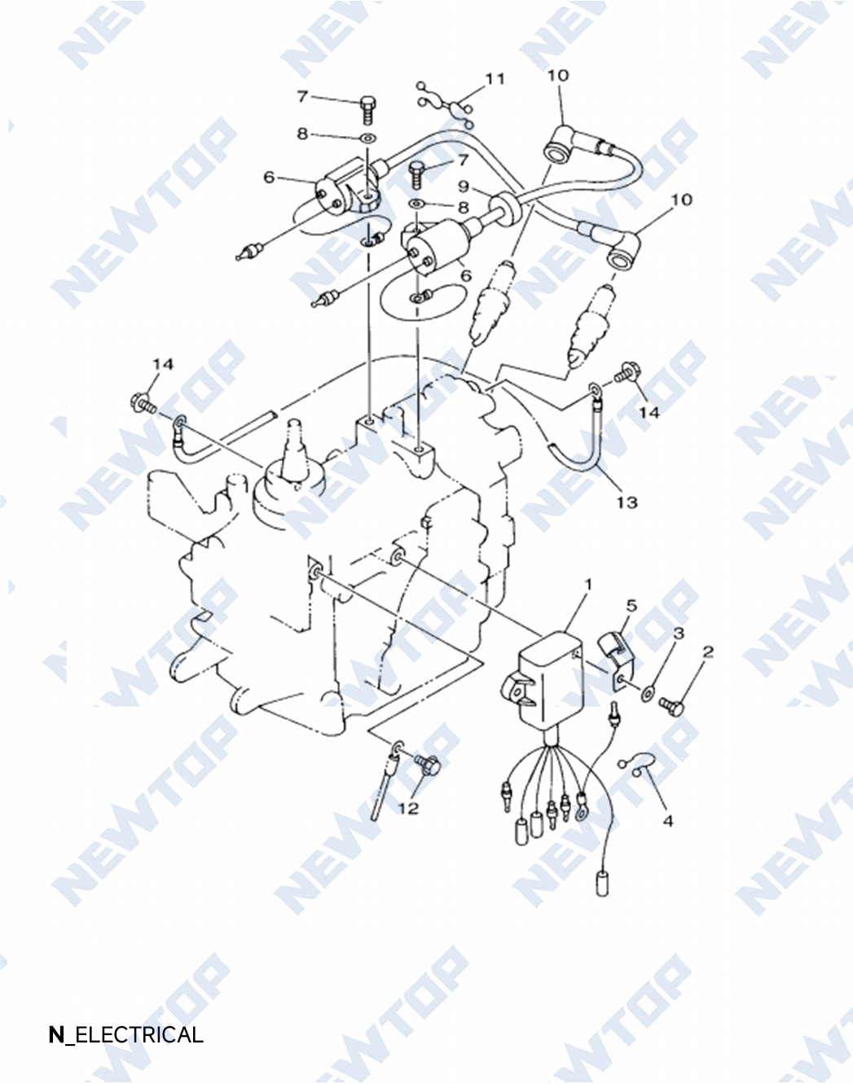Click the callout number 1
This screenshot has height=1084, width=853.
pyautogui.click(x=588, y=585)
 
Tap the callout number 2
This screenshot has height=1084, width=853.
pyautogui.click(x=708, y=652)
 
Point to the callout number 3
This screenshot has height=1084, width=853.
pyautogui.click(x=679, y=633)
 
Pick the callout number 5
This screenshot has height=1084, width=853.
pyautogui.click(x=632, y=606)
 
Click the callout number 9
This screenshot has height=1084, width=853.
pyautogui.click(x=464, y=187)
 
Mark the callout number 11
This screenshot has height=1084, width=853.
pyautogui.click(x=495, y=79)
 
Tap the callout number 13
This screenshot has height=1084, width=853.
pyautogui.click(x=627, y=503)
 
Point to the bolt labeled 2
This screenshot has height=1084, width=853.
pyautogui.click(x=672, y=706)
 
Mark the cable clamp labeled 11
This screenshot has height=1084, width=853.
pyautogui.click(x=446, y=106)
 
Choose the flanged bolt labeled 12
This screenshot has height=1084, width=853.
pyautogui.click(x=428, y=766)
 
